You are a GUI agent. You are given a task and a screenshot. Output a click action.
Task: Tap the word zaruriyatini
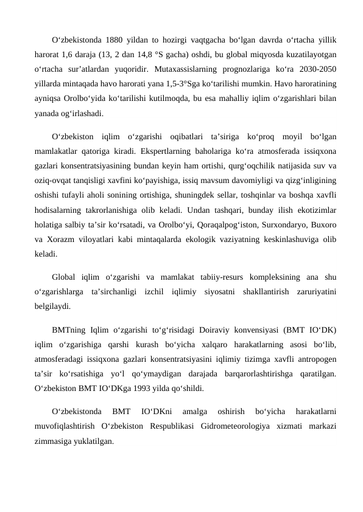(x=314, y=291)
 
